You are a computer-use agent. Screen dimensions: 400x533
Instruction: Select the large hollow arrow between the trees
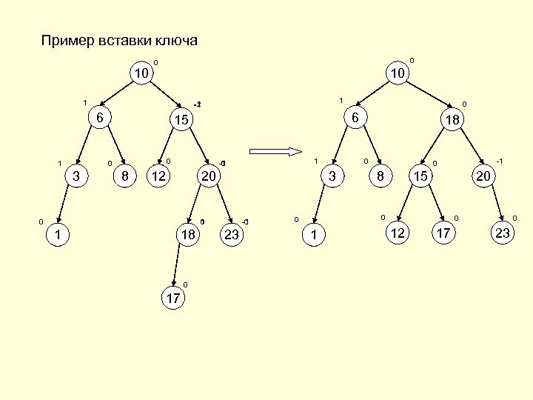[x=273, y=153]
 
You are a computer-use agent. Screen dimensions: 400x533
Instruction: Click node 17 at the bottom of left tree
[x=172, y=298]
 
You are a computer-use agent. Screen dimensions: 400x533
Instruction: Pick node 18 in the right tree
[x=450, y=119]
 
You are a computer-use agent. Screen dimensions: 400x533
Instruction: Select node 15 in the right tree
[x=421, y=176]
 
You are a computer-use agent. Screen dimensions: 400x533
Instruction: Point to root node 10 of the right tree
[x=398, y=73]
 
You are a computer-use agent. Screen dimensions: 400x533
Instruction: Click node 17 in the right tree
[x=444, y=234]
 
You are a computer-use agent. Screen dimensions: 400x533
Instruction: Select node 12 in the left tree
[x=157, y=176]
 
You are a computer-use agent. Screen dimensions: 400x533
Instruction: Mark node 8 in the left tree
[x=125, y=176]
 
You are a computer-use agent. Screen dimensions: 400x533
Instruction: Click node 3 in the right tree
[x=333, y=176]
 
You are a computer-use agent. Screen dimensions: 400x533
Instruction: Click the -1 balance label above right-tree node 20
[x=500, y=160]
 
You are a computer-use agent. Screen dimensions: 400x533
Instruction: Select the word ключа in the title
[x=177, y=40]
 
